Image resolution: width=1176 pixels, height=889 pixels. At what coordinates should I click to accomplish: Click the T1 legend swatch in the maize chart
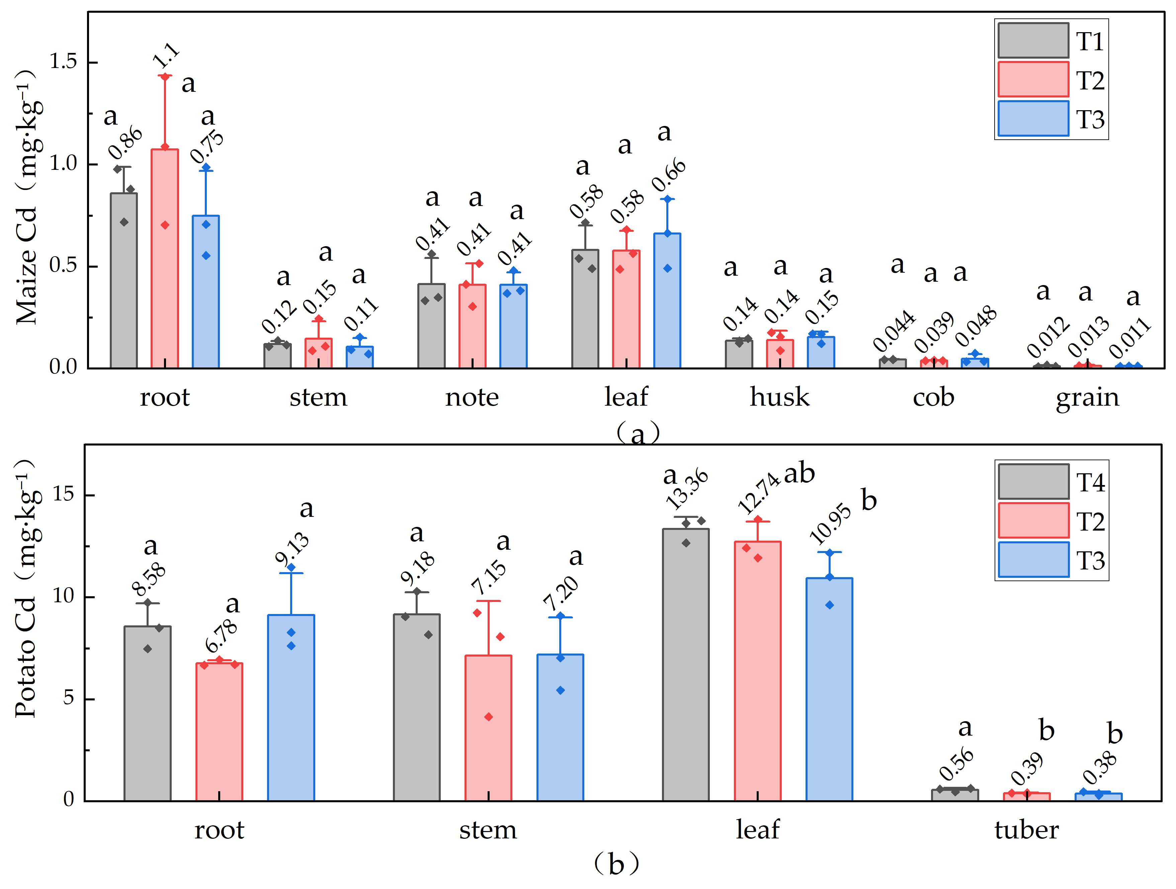(x=1033, y=41)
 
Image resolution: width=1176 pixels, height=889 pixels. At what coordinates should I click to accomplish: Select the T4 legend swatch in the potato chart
(x=1033, y=481)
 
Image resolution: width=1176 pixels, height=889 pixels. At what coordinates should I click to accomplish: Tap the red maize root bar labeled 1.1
(x=165, y=259)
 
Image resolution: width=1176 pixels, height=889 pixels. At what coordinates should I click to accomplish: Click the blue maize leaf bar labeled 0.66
(x=667, y=300)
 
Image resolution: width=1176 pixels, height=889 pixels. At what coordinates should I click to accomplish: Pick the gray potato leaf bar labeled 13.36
(x=686, y=665)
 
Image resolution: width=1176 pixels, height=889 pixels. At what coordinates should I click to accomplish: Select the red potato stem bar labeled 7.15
(x=489, y=728)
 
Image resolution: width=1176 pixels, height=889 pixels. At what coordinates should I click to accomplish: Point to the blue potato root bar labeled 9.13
(x=291, y=707)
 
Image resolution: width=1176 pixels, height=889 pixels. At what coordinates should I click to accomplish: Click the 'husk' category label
(x=779, y=397)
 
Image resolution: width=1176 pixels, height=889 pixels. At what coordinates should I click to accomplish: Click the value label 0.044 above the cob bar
(x=894, y=330)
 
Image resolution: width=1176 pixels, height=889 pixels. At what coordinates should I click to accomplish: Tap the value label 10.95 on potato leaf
(x=830, y=524)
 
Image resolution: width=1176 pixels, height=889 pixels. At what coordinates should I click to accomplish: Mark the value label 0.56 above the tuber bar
(x=956, y=764)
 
